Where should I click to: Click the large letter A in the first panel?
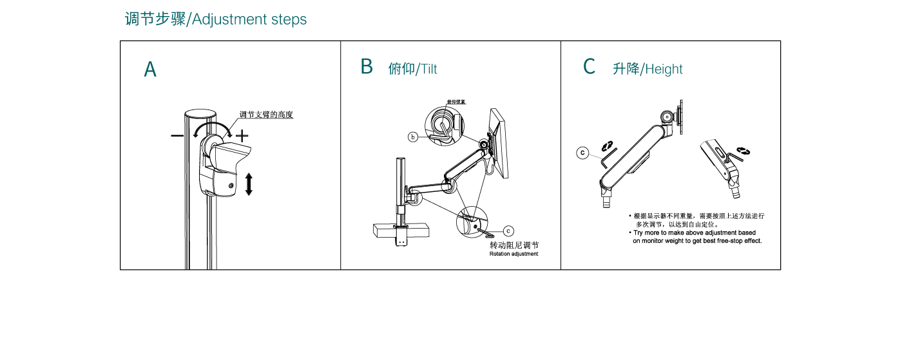pyautogui.click(x=150, y=70)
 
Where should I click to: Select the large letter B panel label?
pyautogui.click(x=367, y=66)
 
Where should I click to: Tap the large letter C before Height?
pyautogui.click(x=589, y=66)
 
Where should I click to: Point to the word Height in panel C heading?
pyautogui.click(x=664, y=70)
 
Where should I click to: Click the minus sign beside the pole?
pyautogui.click(x=177, y=136)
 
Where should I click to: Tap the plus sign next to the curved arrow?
pyautogui.click(x=242, y=136)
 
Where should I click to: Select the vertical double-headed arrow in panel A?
pyautogui.click(x=249, y=184)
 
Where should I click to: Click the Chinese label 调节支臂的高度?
pyautogui.click(x=266, y=115)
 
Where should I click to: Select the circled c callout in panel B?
pyautogui.click(x=508, y=230)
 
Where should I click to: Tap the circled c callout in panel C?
pyautogui.click(x=582, y=153)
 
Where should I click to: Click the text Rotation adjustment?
pyautogui.click(x=513, y=254)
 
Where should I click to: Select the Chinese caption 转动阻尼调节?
pyautogui.click(x=513, y=245)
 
